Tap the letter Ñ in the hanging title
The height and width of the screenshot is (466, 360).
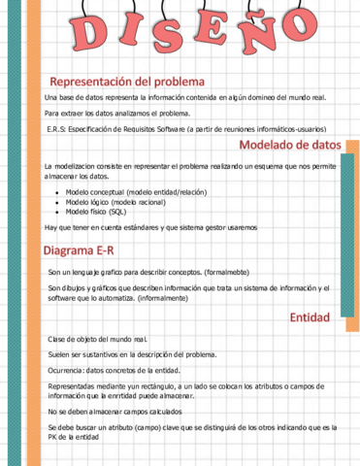tap(255, 32)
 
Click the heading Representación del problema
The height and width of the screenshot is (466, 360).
tap(133, 81)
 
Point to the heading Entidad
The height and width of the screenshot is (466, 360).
tap(310, 317)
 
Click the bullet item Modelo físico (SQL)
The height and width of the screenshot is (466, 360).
tap(95, 211)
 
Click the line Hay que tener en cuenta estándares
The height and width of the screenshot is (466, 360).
tap(150, 227)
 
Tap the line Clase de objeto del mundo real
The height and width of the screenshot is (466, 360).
tap(97, 339)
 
